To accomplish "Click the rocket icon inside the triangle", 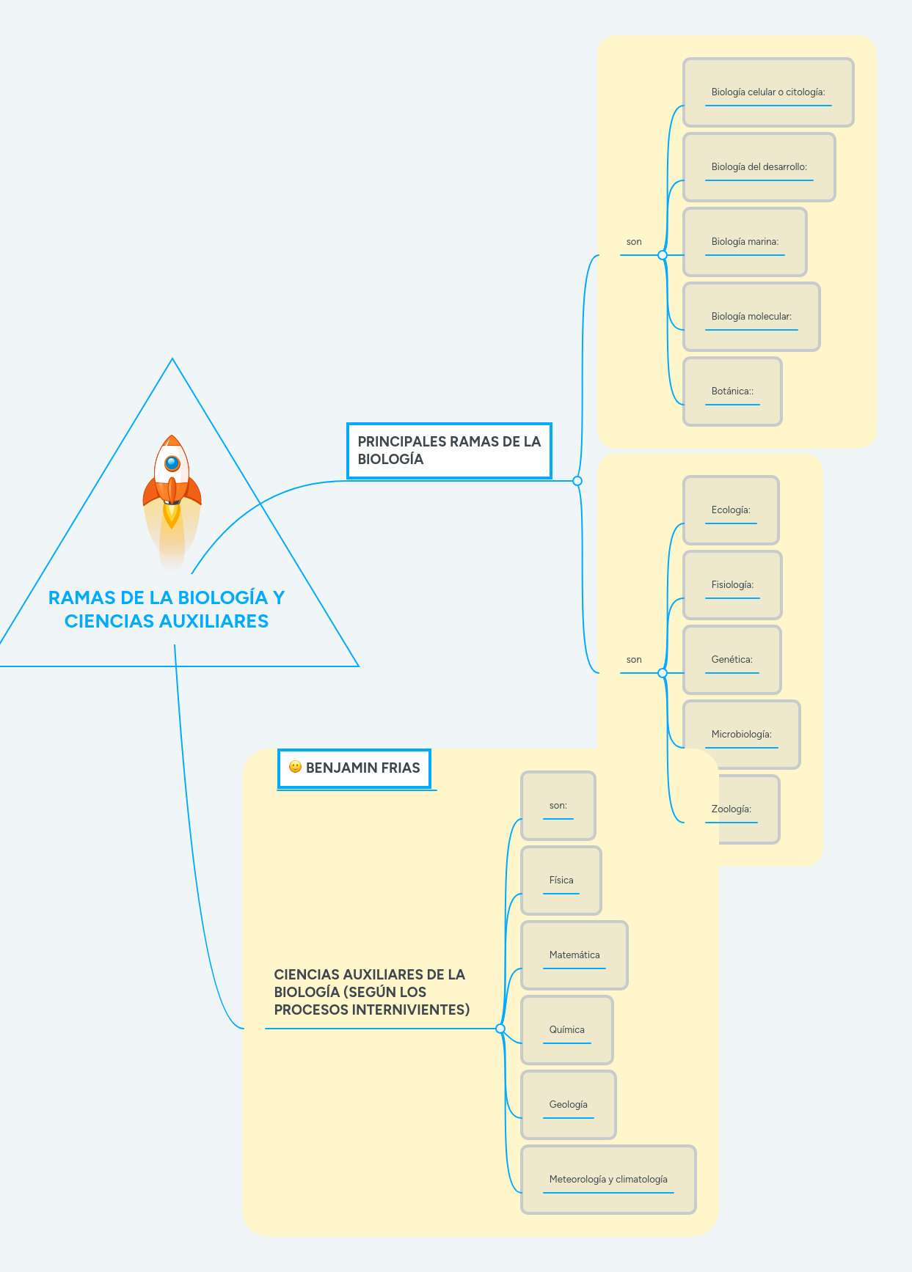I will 172,484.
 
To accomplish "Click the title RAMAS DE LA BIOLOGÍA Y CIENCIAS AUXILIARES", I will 167,609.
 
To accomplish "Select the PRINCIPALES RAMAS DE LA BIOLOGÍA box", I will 449,450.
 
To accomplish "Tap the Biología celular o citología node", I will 768,92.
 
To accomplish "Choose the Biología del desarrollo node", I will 759,167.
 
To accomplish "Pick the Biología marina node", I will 745,242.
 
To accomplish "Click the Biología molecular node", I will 751,317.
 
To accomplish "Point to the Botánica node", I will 732,391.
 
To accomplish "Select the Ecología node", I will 731,510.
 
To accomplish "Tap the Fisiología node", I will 732,585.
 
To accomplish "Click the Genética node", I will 732,660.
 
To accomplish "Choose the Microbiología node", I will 741,735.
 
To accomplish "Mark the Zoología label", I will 732,809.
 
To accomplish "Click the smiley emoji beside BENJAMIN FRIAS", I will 296,767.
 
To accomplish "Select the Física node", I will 561,881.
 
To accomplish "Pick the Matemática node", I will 574,955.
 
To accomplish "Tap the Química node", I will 567,1030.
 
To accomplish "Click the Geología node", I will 569,1105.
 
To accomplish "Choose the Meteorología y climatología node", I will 608,1180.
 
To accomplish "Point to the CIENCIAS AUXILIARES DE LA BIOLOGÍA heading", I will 371,992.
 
